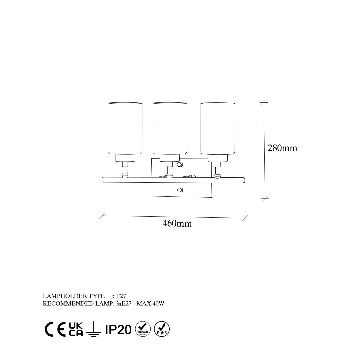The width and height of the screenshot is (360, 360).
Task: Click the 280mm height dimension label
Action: point(282,148)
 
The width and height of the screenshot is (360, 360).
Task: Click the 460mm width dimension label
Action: point(177,223)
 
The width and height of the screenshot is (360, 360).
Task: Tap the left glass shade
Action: point(125,128)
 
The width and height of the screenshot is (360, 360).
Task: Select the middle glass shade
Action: point(170,128)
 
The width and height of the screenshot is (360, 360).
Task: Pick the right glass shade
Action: point(218,128)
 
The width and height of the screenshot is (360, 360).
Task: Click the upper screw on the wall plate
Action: point(180,165)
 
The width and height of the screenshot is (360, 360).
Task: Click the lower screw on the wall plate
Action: point(180,190)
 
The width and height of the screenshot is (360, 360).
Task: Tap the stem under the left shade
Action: point(125,169)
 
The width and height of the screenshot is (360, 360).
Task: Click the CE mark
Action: point(55,329)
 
